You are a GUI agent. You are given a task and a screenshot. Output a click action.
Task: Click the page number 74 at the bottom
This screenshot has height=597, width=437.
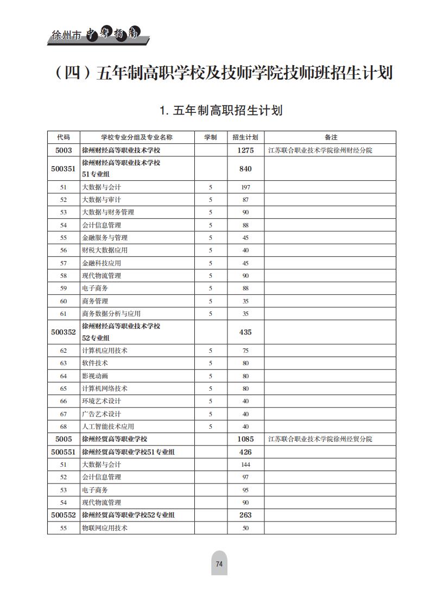tap(219, 564)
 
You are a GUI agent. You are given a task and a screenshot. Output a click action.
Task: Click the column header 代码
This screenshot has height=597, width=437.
tap(64, 137)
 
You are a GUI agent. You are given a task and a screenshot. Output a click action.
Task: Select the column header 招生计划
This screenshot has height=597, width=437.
tap(245, 137)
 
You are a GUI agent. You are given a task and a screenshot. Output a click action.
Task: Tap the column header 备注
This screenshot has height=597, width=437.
tap(331, 137)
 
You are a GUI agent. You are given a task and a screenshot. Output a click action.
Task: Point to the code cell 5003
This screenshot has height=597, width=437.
tap(64, 150)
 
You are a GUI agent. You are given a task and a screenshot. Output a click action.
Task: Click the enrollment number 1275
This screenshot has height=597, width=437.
tap(245, 150)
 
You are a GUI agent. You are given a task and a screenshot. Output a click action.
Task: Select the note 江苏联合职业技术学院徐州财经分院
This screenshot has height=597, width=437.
tap(320, 150)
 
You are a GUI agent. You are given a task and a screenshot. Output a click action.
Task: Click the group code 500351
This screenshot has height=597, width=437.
tap(64, 169)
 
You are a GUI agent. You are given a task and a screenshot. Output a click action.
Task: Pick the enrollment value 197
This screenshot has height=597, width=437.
tap(245, 187)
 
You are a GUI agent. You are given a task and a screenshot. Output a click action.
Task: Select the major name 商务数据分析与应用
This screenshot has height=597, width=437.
tap(111, 314)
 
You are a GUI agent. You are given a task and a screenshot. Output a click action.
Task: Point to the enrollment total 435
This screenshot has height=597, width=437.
tap(245, 332)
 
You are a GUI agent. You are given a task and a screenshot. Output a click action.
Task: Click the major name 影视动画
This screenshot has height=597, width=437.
tap(95, 376)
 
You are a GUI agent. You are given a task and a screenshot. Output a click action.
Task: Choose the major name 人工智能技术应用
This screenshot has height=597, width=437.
tap(108, 427)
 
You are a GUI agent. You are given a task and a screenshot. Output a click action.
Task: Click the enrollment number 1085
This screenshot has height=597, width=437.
tap(245, 439)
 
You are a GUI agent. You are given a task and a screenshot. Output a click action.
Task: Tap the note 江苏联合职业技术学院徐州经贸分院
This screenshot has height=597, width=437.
tap(320, 439)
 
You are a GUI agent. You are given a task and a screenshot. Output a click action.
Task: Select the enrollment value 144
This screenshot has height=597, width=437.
tap(245, 465)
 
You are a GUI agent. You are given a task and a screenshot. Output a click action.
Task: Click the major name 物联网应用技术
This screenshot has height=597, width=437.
tap(105, 528)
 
